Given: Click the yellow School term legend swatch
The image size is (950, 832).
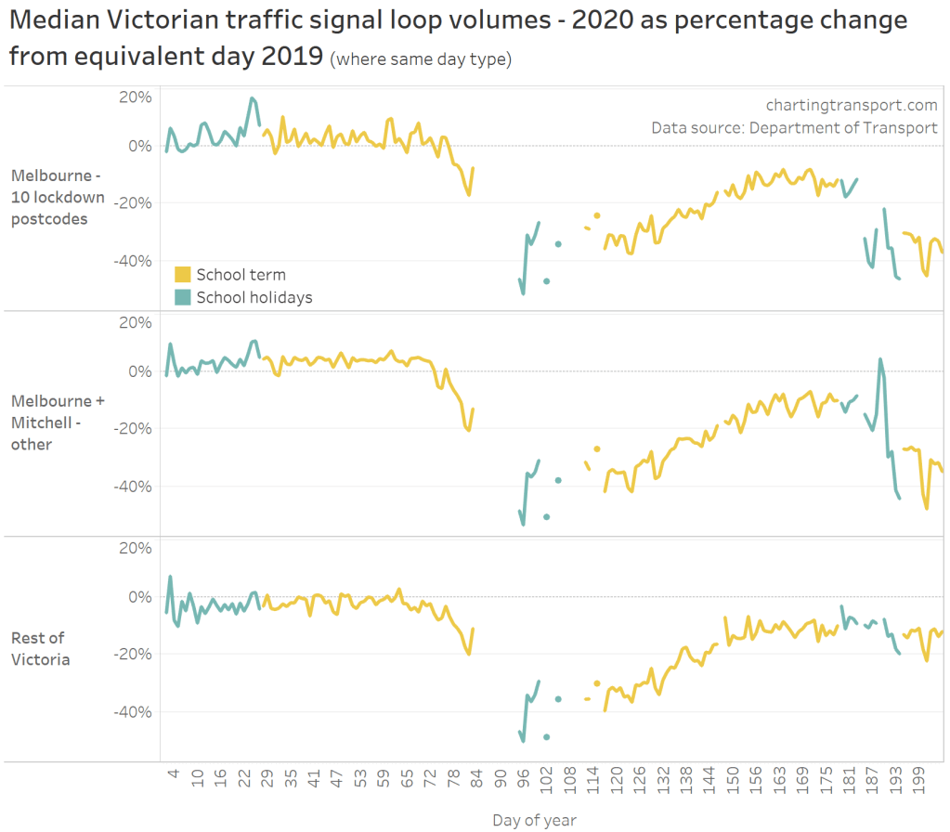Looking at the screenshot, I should click(183, 275).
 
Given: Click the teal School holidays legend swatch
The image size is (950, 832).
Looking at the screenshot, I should click(183, 297).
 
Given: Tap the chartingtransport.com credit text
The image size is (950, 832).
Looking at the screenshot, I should click(851, 106).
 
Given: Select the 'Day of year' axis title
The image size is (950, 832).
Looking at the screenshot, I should click(534, 820).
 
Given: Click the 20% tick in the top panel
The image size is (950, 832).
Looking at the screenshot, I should click(136, 97).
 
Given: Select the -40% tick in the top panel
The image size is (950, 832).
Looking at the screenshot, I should click(132, 261).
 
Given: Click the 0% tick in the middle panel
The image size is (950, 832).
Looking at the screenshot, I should click(139, 371).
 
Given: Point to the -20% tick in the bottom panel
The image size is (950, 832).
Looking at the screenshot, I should click(132, 654).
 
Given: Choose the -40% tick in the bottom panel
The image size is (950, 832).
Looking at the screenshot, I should click(132, 712).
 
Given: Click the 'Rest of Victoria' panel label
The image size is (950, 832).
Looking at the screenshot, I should click(41, 649).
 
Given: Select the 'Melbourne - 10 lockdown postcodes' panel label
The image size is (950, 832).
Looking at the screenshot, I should click(58, 197).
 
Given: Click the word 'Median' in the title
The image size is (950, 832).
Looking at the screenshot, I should click(57, 20).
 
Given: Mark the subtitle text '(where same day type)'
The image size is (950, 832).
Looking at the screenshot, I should click(421, 60).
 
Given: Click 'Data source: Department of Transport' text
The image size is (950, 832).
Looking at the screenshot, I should click(794, 128).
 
